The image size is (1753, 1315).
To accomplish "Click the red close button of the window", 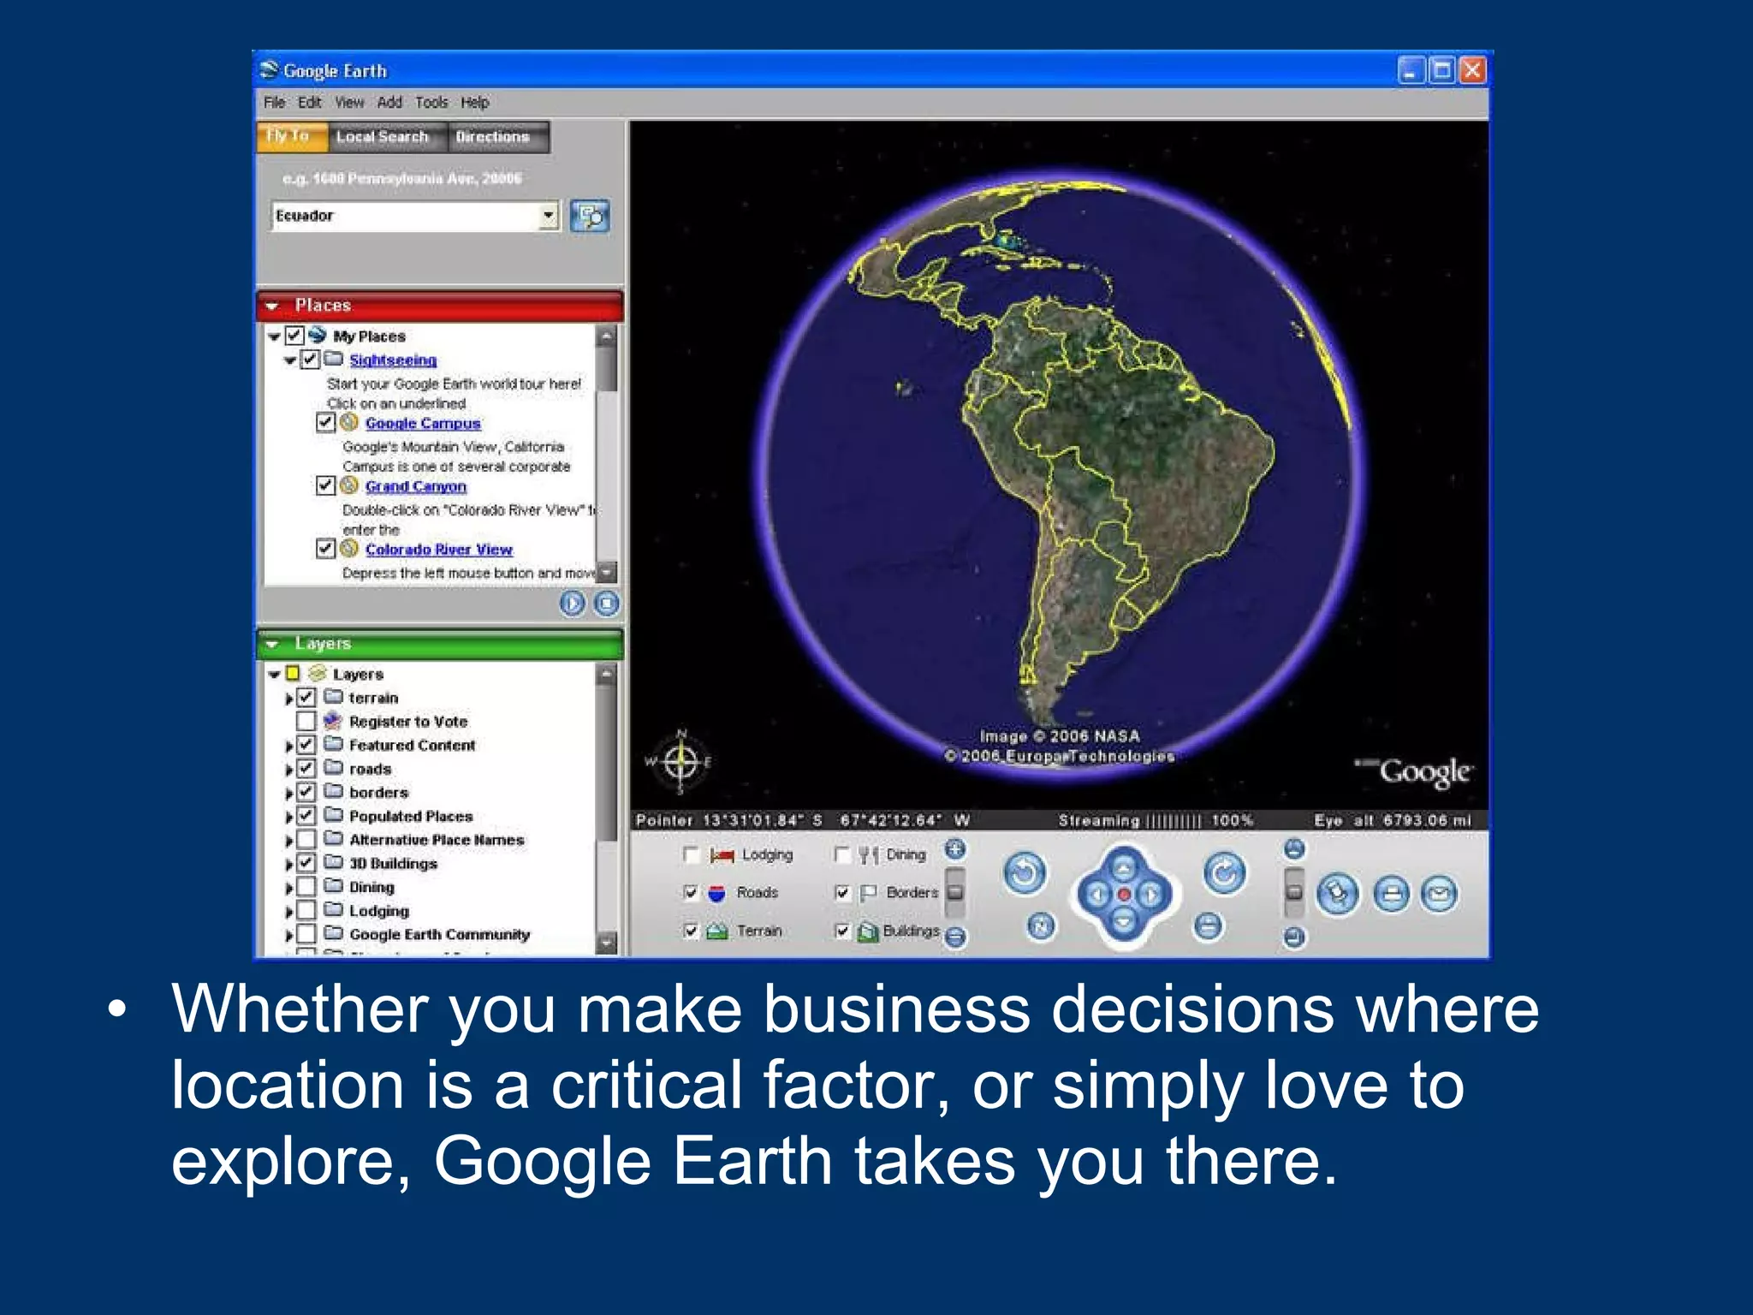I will (1472, 70).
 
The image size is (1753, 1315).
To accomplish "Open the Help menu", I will (474, 103).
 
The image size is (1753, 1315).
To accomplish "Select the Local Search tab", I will (382, 137).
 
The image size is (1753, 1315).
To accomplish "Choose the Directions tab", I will (492, 137).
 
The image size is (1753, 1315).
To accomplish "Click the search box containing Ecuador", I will (406, 216).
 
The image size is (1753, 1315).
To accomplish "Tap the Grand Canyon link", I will (416, 486).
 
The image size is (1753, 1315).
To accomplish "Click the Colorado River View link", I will (438, 550).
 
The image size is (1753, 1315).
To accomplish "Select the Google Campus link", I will (423, 424).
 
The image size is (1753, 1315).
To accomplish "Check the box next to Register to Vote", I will (306, 722).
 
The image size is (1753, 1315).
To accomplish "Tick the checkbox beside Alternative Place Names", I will (306, 840).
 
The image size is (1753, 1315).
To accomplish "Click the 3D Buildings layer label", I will (393, 864).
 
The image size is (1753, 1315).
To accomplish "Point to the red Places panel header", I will (440, 306).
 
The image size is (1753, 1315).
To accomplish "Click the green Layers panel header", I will (440, 644).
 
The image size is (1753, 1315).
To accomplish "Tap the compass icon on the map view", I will (681, 760).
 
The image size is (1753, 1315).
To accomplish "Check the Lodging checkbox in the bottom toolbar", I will (692, 854).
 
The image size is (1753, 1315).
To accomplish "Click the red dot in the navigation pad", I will (1124, 895).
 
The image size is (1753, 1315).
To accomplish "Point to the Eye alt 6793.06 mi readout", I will (1393, 820).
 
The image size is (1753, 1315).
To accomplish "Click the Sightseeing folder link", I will (393, 360).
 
